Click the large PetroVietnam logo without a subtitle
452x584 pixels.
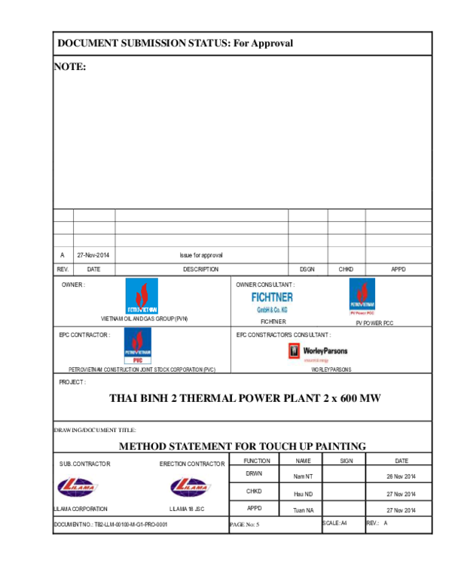142,297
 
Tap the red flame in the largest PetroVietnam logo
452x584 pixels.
142,293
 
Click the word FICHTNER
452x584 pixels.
272,297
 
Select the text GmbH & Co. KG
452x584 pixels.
272,309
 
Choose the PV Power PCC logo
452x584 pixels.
362,297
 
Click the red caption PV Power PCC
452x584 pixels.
362,312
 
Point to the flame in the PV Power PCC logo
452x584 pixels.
362,291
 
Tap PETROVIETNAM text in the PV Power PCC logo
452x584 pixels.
362,306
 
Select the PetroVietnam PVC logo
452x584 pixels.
138,346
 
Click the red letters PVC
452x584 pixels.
138,361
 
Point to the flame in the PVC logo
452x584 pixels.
138,340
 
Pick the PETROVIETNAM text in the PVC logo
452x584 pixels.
138,354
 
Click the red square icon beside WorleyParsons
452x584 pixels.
295,351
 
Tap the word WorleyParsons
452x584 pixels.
325,351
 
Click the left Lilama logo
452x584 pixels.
78,486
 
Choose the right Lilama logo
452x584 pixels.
190,486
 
